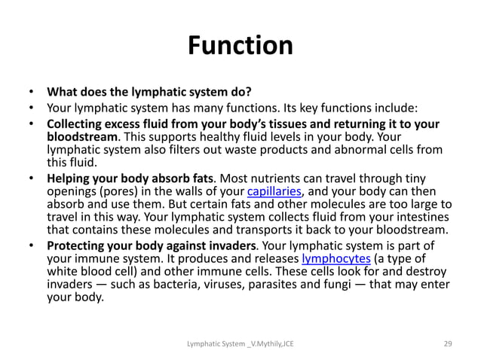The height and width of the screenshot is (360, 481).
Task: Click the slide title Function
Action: tap(240, 46)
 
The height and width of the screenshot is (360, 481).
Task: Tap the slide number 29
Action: tap(447, 343)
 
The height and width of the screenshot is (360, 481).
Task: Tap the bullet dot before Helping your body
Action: tap(32, 178)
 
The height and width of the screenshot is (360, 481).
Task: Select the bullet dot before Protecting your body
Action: tap(32, 246)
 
